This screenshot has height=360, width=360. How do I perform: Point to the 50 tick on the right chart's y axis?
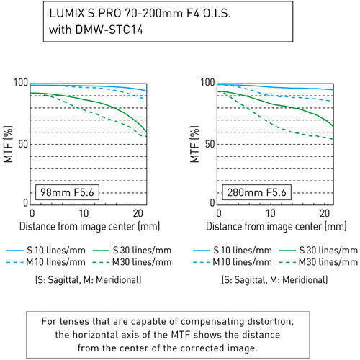209,144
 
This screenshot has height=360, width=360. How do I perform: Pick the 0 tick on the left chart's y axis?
24,204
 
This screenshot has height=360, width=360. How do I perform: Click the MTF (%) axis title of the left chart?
8,143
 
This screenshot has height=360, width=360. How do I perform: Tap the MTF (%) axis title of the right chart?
195,143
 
